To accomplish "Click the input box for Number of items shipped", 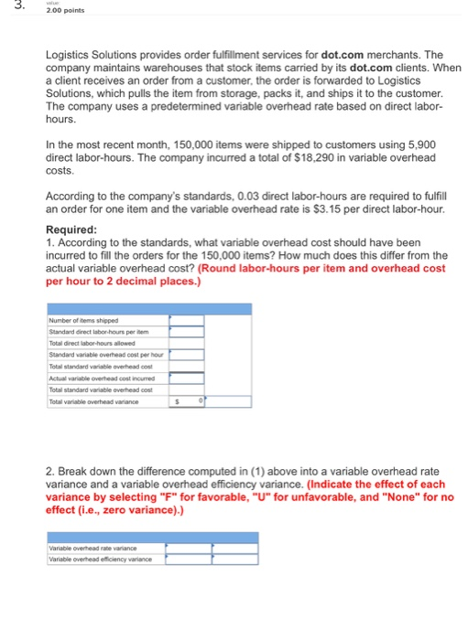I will pyautogui.click(x=184, y=321).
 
